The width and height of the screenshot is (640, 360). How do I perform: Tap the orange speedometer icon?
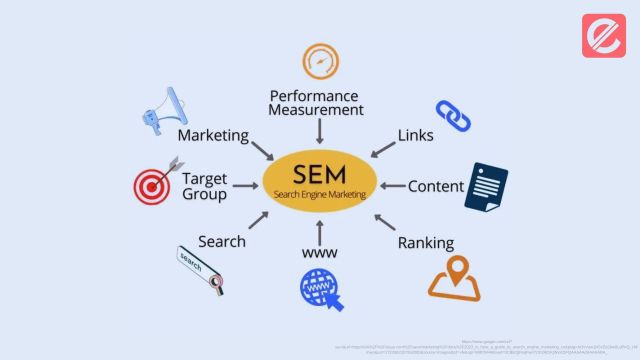[320, 61]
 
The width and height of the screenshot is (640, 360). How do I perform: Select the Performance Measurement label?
[316, 102]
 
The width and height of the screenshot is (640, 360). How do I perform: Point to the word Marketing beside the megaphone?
[212, 135]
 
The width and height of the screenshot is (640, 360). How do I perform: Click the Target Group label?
[205, 186]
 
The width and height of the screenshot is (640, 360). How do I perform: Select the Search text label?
[222, 240]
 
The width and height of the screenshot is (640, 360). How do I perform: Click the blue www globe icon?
[320, 289]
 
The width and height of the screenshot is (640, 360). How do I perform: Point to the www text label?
[319, 253]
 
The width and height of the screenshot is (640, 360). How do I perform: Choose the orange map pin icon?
[454, 278]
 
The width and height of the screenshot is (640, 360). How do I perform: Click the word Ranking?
[426, 242]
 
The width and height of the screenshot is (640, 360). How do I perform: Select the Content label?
[436, 186]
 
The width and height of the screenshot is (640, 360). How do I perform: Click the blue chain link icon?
[452, 115]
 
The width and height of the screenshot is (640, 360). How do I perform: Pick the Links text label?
[416, 135]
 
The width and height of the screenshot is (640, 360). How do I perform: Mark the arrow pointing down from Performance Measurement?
[319, 130]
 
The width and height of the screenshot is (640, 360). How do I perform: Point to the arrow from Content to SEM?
[391, 186]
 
